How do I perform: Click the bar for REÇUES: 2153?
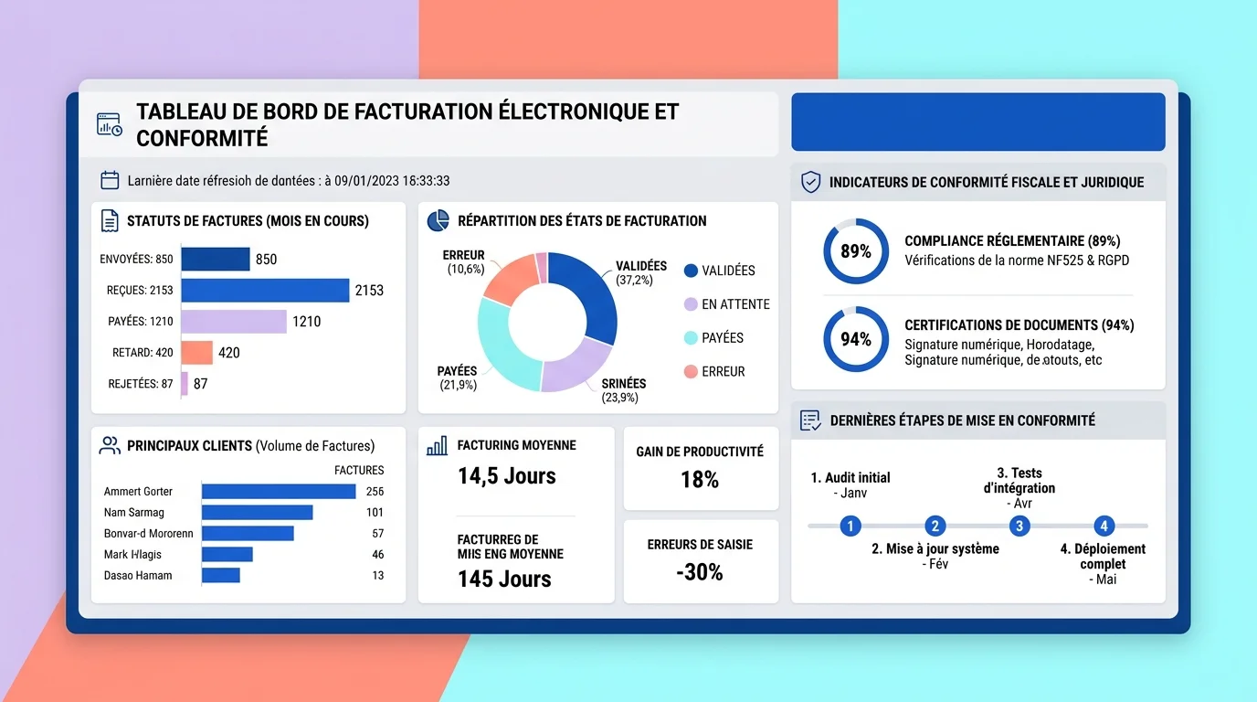(265, 291)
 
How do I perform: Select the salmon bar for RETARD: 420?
(196, 353)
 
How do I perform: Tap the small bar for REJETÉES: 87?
(185, 384)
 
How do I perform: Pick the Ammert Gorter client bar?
(279, 492)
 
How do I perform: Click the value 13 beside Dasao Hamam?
(378, 576)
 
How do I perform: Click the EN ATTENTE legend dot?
(691, 304)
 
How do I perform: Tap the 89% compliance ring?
(856, 251)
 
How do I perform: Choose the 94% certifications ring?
(856, 339)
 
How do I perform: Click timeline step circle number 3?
(1019, 526)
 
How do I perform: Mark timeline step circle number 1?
(850, 526)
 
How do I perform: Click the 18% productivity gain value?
(700, 480)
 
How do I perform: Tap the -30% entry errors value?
(700, 572)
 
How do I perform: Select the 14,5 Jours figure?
(507, 476)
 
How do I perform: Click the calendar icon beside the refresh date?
(110, 180)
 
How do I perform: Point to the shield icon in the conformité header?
(810, 182)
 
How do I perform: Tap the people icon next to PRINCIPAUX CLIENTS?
(110, 446)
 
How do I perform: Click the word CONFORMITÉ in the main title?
(202, 138)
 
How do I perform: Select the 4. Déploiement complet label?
(1103, 557)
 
